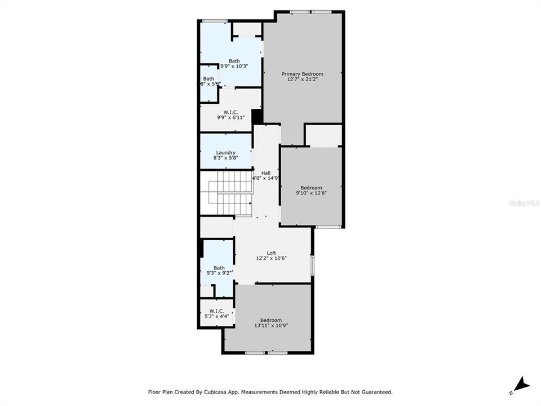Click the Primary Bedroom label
pyautogui.click(x=303, y=74)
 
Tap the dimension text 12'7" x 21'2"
pyautogui.click(x=303, y=80)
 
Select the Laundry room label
pyautogui.click(x=225, y=152)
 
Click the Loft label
pyautogui.click(x=272, y=253)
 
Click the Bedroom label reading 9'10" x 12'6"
pyautogui.click(x=311, y=188)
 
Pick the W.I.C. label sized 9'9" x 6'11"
pyautogui.click(x=231, y=112)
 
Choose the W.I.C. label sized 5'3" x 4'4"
pyautogui.click(x=217, y=311)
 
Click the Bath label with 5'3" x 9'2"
pyautogui.click(x=219, y=268)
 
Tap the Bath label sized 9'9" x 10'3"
pyautogui.click(x=234, y=61)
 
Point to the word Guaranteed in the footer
pyautogui.click(x=375, y=391)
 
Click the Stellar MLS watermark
pyautogui.click(x=524, y=202)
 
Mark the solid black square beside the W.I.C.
pyautogui.click(x=257, y=117)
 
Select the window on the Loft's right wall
pyautogui.click(x=312, y=264)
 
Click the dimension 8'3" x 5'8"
pyautogui.click(x=225, y=158)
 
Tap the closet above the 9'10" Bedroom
pyautogui.click(x=323, y=135)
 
